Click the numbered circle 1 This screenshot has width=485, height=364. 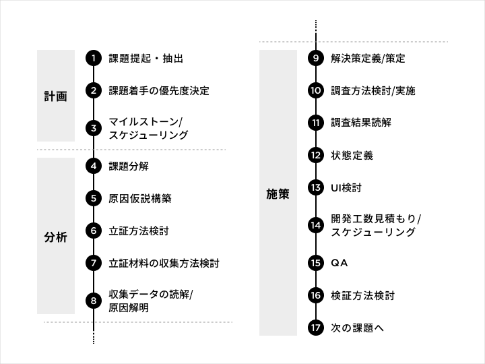coord(94,58)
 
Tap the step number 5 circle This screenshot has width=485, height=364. coord(94,198)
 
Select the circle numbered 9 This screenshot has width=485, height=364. coord(316,58)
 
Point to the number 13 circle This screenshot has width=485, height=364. coord(316,187)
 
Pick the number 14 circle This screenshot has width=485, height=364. coord(316,225)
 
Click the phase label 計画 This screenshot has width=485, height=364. coord(55,96)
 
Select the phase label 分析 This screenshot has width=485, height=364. coord(55,237)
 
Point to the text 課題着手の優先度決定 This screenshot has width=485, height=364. coord(159,90)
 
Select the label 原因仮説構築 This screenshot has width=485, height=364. coord(140,198)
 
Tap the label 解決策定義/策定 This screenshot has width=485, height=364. coord(368,58)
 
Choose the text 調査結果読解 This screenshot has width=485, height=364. coord(360,123)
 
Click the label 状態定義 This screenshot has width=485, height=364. coord(352,155)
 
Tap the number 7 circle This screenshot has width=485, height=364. coord(94,263)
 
